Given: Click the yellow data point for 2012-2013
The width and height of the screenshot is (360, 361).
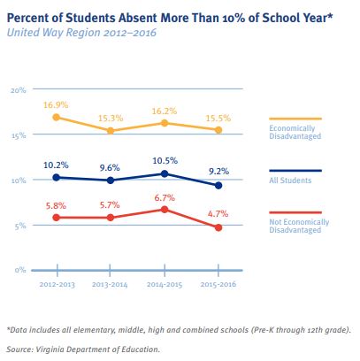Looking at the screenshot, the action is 56,118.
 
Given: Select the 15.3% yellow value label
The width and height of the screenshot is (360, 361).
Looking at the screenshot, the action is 111,119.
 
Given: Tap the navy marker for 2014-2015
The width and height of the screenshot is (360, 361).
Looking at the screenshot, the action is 165,173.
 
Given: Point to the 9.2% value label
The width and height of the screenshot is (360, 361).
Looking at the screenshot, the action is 218,171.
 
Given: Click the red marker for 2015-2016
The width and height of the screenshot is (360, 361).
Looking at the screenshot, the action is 218,227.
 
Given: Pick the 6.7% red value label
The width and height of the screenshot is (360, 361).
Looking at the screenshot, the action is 165,197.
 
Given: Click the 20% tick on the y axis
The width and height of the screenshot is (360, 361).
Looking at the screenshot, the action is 19,90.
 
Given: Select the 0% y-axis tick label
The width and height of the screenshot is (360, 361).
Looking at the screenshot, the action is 20,270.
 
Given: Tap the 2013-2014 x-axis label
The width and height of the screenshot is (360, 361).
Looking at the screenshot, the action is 110,285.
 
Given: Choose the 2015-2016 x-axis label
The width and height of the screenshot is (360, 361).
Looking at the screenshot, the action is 218,284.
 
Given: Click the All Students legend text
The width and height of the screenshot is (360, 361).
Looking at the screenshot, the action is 290,180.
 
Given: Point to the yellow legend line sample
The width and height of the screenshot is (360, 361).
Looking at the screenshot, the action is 295,119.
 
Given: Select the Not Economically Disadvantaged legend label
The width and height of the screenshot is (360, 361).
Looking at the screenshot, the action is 299,226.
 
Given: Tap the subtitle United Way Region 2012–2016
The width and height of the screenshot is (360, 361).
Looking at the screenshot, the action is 81,33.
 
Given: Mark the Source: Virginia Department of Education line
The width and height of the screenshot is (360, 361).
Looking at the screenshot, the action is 83,349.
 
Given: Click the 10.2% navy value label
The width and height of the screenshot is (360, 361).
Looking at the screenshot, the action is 56,165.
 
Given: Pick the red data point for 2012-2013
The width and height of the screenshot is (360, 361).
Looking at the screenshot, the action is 56,218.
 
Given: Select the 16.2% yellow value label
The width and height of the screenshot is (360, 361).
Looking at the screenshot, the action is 165,111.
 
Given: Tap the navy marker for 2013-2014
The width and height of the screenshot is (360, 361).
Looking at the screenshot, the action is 111,180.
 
